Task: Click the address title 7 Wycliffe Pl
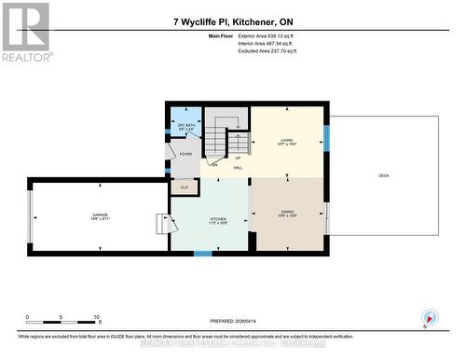pos(232,21)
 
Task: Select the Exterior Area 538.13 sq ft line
pos(271,36)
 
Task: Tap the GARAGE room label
pos(100,216)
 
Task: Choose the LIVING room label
pos(286,142)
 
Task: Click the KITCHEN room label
pos(218,221)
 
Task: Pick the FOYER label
pos(185,154)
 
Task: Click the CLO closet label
pos(184,187)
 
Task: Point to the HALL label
pos(238,169)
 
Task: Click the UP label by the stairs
pos(237,158)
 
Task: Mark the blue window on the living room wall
pos(326,137)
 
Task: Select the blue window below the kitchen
pos(202,253)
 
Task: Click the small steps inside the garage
pos(165,225)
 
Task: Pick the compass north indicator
pos(429,317)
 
